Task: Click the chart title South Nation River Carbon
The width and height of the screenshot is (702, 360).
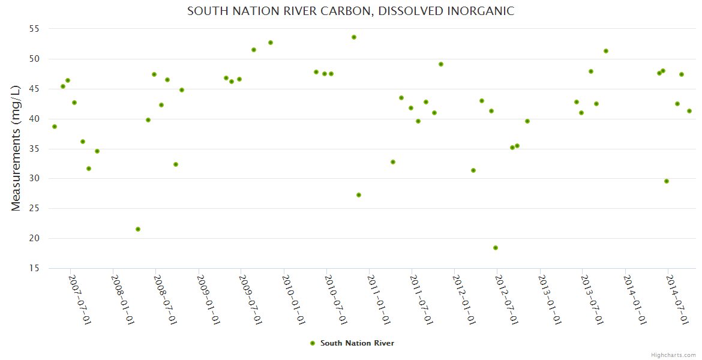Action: pos(350,11)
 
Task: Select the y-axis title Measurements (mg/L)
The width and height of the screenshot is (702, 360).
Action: pos(16,148)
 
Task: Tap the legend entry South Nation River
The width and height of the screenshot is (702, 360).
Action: pos(357,343)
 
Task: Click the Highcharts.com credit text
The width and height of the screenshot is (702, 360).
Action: pos(673,355)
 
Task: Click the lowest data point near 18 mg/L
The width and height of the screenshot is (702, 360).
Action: pos(496,248)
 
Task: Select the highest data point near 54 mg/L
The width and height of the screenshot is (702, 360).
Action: pos(354,37)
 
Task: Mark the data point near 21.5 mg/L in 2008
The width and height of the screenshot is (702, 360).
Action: pos(138,229)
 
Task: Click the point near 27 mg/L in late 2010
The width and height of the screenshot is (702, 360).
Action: pos(359,195)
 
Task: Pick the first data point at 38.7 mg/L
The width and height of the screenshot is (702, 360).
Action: pos(55,127)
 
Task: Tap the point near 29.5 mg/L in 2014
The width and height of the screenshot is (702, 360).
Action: pos(667,181)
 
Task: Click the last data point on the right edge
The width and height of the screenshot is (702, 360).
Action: pos(689,111)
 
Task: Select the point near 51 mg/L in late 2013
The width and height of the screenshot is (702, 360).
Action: pos(606,51)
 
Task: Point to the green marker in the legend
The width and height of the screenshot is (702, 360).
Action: pos(313,343)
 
